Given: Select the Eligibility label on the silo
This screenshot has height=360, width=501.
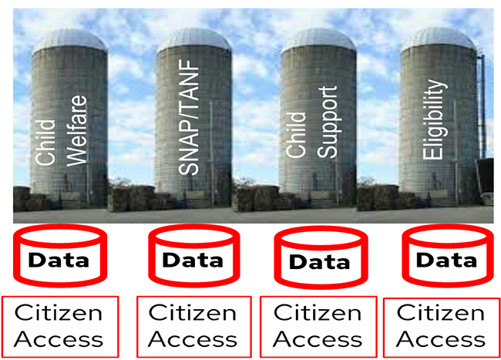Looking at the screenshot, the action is click(x=438, y=123).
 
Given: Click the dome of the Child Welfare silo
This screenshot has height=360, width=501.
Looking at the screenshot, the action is click(x=69, y=40).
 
